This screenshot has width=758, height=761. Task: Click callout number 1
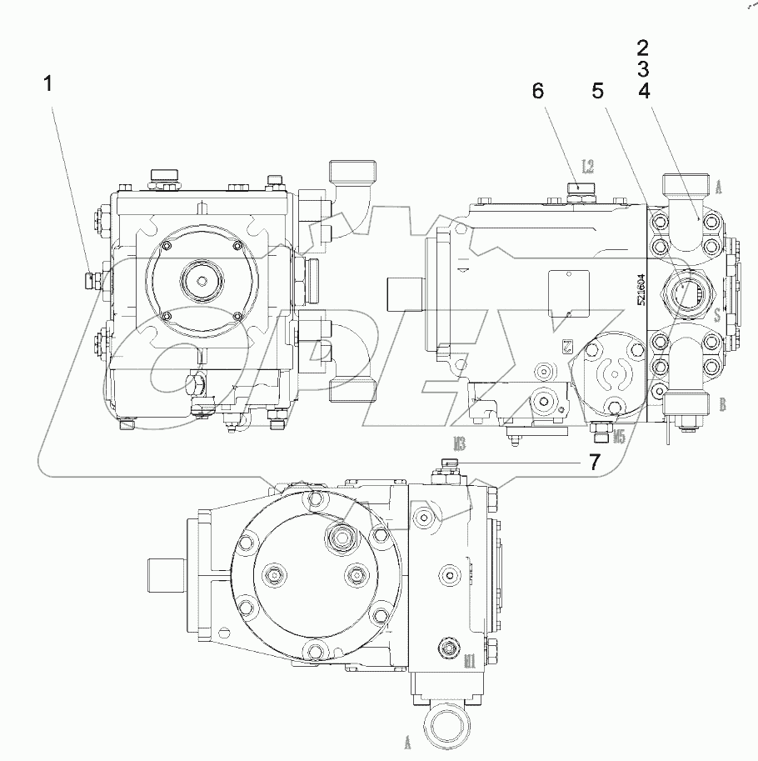tap(49, 83)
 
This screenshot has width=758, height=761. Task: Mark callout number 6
tap(538, 91)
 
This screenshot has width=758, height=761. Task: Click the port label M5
tap(618, 434)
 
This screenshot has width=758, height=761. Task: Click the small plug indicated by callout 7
tap(450, 467)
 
